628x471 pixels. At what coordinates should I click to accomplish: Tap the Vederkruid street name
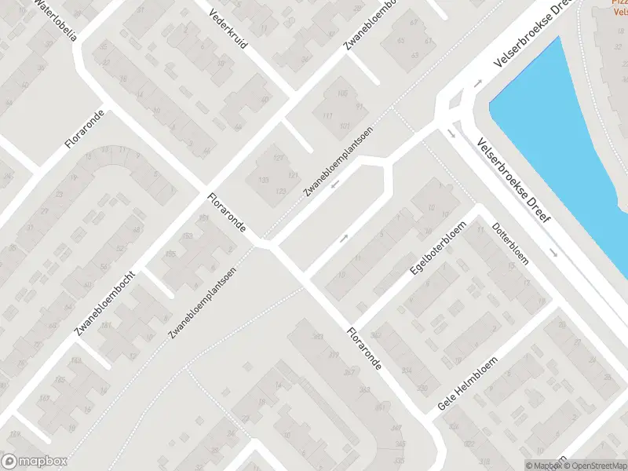(228, 30)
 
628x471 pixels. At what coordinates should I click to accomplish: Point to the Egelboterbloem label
(438, 248)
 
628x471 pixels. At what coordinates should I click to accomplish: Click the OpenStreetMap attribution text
(595, 466)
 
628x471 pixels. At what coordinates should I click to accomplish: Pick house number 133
(264, 181)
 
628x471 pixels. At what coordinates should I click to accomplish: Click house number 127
(277, 157)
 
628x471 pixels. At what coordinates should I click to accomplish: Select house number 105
(341, 93)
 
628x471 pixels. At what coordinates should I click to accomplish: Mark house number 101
(343, 126)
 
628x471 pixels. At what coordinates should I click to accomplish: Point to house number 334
(407, 371)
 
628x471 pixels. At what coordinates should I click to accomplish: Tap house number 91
(359, 107)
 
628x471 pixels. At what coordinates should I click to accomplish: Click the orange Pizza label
(620, 3)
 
